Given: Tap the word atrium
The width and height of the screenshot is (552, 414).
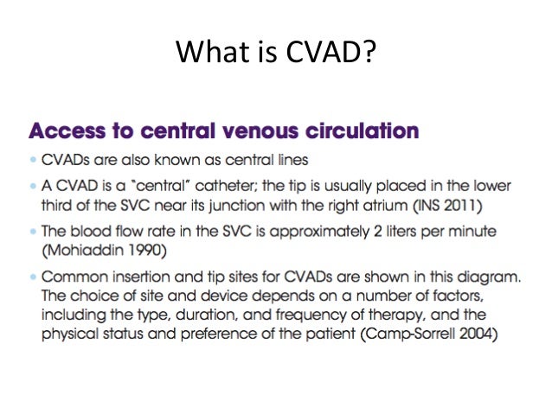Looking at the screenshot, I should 385,204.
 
